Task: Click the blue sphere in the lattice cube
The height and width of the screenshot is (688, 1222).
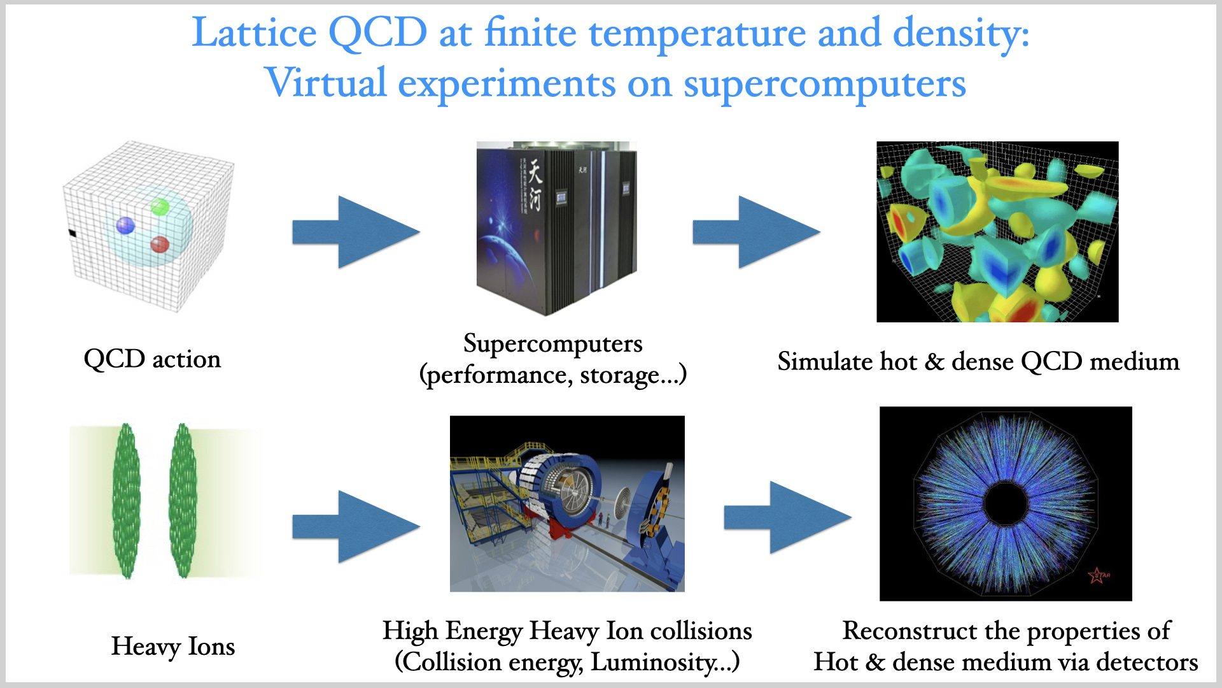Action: (x=125, y=225)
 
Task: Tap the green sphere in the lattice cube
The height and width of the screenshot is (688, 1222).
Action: (x=160, y=207)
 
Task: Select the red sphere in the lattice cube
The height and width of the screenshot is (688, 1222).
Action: (x=160, y=245)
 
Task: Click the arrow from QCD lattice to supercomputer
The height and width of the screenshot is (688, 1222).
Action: (x=356, y=232)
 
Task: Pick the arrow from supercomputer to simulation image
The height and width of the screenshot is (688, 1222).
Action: (x=756, y=232)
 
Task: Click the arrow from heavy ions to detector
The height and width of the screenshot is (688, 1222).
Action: (x=356, y=527)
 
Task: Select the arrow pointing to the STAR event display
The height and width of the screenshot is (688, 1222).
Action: (x=788, y=517)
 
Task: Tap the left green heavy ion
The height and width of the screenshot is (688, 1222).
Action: (x=126, y=501)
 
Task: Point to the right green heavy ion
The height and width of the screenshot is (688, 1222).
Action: (x=183, y=501)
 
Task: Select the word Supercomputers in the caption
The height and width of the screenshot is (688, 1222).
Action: (x=553, y=345)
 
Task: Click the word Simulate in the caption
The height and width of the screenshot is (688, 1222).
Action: (x=825, y=361)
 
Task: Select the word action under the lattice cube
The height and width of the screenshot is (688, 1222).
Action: (x=186, y=360)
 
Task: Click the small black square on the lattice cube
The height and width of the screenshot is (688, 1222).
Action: (x=72, y=234)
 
